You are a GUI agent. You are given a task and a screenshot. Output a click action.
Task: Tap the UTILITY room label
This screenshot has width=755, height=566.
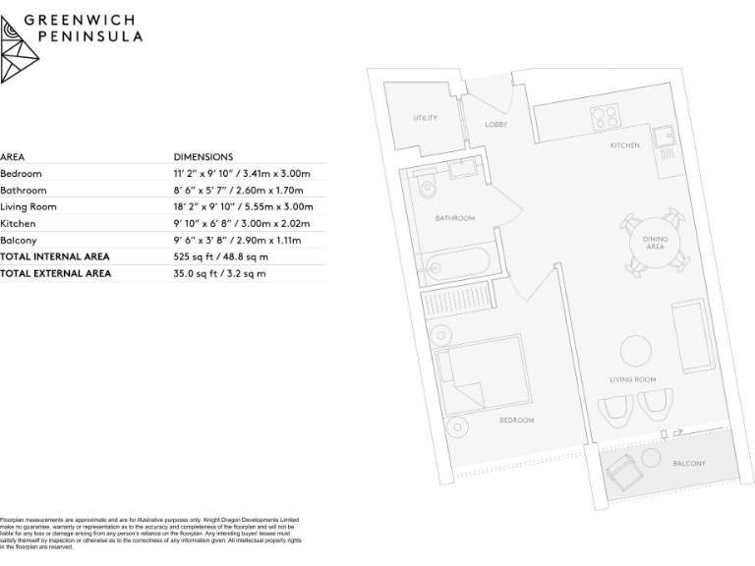pyautogui.click(x=425, y=118)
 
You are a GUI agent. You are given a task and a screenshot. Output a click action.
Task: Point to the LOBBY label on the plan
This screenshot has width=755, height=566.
pyautogui.click(x=495, y=125)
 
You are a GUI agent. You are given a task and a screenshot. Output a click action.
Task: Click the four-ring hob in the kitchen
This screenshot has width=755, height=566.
pyautogui.click(x=604, y=118)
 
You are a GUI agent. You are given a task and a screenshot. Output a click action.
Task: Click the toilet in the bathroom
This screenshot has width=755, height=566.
pyautogui.click(x=425, y=188)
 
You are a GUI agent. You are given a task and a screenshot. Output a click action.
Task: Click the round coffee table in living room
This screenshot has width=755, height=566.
pyautogui.click(x=634, y=351)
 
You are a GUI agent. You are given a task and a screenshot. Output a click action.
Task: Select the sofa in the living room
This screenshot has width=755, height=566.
pyautogui.click(x=692, y=335)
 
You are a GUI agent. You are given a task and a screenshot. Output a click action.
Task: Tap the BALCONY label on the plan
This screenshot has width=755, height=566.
pyautogui.click(x=688, y=463)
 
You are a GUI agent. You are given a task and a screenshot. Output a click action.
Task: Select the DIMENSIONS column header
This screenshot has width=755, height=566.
pyautogui.click(x=203, y=156)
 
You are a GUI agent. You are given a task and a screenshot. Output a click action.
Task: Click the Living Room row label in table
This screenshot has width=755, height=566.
pyautogui.click(x=29, y=206)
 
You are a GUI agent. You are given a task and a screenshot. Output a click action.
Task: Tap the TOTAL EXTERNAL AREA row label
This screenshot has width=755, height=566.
pyautogui.click(x=55, y=273)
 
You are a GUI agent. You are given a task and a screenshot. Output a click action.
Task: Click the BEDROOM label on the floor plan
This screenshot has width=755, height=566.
pyautogui.click(x=516, y=421)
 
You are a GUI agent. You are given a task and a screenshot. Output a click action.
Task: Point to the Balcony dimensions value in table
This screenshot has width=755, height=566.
pyautogui.click(x=237, y=240)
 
